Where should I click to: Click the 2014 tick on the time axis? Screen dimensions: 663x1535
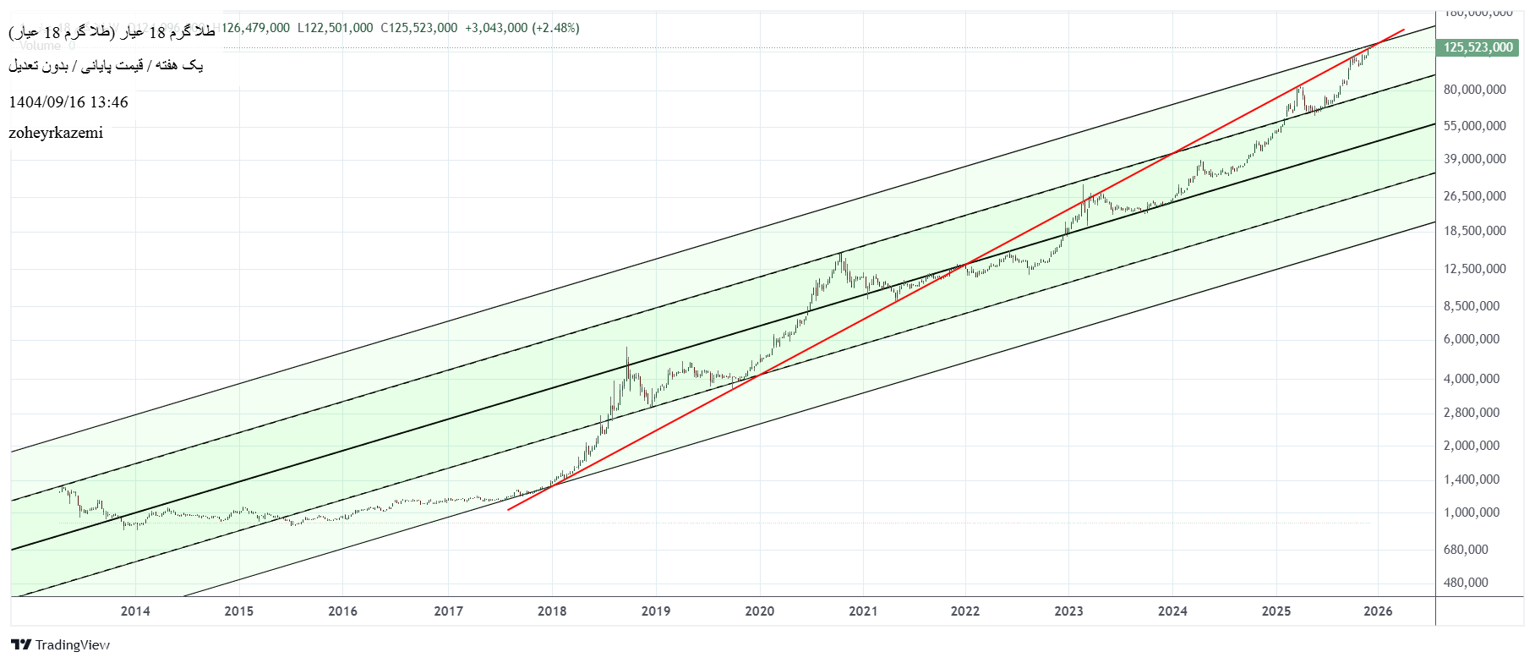click(x=135, y=611)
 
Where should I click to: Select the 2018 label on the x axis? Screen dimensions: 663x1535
click(x=552, y=611)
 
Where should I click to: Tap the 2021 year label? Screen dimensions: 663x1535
click(x=863, y=611)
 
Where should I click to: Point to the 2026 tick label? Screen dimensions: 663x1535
click(x=1378, y=611)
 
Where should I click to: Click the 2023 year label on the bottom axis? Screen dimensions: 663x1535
click(x=1068, y=611)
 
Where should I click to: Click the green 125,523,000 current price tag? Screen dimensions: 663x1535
click(x=1478, y=47)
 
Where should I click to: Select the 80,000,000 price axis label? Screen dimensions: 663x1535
click(x=1474, y=90)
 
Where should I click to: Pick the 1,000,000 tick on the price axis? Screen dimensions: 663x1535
click(x=1472, y=512)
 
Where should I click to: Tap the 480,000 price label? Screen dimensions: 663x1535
click(x=1466, y=583)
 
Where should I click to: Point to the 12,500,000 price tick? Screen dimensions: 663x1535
click(x=1474, y=269)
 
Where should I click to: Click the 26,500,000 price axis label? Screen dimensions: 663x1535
click(x=1474, y=196)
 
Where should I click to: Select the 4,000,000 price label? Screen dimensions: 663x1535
click(x=1472, y=379)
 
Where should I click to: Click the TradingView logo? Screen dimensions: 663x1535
click(x=60, y=645)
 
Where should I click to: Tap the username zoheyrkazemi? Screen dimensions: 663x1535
click(x=56, y=133)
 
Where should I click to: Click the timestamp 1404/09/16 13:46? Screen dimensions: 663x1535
click(x=68, y=102)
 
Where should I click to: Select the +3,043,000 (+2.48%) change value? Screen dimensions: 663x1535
click(x=522, y=28)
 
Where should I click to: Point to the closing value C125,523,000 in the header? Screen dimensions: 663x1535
click(x=418, y=28)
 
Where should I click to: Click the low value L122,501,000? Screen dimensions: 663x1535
click(x=335, y=28)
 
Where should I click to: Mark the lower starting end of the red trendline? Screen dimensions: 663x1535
click(x=508, y=510)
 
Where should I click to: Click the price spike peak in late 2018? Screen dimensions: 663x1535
click(x=626, y=348)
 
